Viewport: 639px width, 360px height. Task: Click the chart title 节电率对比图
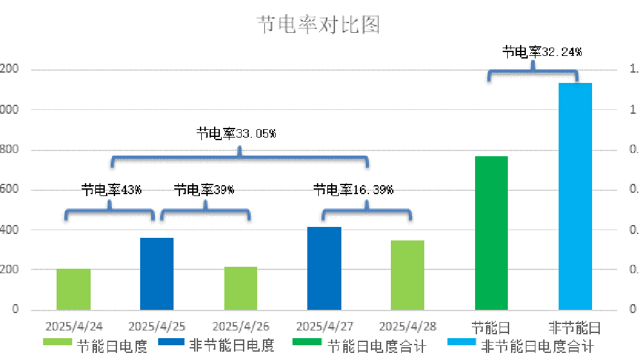(319, 25)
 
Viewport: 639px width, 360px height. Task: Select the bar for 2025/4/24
(73, 289)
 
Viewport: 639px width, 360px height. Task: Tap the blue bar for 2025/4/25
(157, 274)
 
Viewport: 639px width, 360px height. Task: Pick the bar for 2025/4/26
(240, 288)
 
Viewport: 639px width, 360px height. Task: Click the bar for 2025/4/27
(324, 269)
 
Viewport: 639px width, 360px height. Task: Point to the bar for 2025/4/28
(408, 275)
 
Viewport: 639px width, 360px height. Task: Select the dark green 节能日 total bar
(491, 233)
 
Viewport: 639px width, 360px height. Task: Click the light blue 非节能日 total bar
(575, 196)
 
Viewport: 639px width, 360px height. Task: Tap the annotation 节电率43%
(111, 190)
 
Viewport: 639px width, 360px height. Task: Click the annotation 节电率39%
(204, 190)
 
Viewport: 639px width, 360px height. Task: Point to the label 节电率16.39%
(353, 190)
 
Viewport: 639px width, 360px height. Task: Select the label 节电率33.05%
(236, 134)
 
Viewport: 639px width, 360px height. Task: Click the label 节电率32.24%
(542, 52)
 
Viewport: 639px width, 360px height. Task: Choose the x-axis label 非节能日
(574, 327)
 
